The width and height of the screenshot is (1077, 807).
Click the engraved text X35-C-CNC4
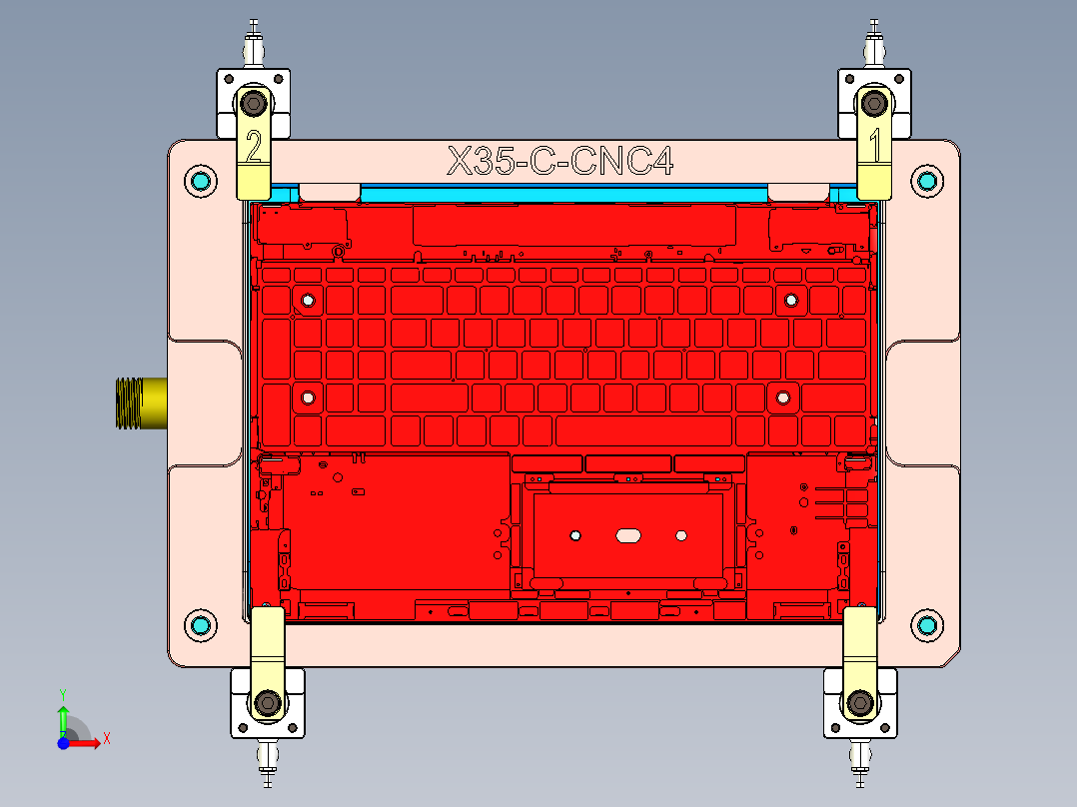[x=559, y=161]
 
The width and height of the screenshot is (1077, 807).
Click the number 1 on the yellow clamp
[x=876, y=147]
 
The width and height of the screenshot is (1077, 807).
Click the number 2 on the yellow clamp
[x=254, y=148]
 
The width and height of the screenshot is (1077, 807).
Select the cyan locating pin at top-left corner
[x=201, y=181]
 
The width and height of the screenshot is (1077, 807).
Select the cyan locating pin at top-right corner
[x=927, y=181]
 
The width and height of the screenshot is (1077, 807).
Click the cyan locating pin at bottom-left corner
[x=201, y=625]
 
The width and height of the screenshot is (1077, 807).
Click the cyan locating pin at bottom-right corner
[x=927, y=625]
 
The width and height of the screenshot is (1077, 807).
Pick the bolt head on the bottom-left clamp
[x=267, y=704]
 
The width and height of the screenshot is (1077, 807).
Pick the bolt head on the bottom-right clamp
[x=859, y=704]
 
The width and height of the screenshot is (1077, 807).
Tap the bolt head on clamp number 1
[x=876, y=102]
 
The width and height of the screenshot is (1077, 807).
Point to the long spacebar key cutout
[x=643, y=430]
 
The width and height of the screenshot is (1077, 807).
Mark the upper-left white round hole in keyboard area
[x=308, y=300]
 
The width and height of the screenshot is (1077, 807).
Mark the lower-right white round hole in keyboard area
[x=783, y=398]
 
